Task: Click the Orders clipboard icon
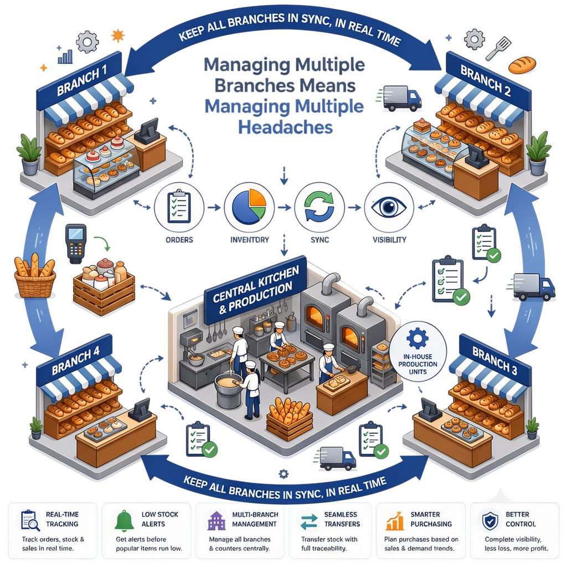[x=179, y=207]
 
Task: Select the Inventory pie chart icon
[x=249, y=207]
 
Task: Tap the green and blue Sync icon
[x=319, y=207]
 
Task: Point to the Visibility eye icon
[x=389, y=207]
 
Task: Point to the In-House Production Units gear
[x=417, y=338]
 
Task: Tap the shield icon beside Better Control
[x=491, y=520]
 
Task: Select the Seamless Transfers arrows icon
[x=309, y=522]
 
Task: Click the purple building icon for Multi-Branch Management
[x=217, y=520]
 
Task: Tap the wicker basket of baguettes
[x=35, y=276]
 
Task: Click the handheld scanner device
[x=75, y=244]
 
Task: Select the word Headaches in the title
[x=285, y=127]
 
